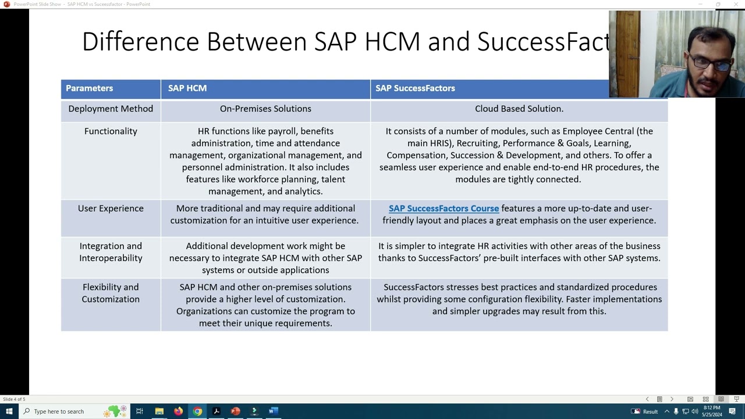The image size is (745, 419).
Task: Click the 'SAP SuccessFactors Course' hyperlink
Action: coord(444,208)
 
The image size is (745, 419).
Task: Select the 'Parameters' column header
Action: coord(89,88)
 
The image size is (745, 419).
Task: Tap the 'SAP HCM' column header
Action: coord(187,88)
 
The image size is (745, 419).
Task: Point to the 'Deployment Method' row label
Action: coord(111,109)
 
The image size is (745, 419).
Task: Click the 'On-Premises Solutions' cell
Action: coord(265,109)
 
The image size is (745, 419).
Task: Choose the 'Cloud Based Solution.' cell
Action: coord(519,109)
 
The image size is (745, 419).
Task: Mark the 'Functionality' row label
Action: coord(111,132)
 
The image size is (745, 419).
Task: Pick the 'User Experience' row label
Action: coord(111,208)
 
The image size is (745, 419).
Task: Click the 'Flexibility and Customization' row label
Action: coord(111,293)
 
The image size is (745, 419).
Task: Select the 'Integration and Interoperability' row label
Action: coord(111,252)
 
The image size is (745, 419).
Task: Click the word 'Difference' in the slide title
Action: coord(141,42)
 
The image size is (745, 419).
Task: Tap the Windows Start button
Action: coord(9,411)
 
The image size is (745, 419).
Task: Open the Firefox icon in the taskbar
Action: coord(178,411)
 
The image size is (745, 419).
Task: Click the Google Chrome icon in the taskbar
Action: coord(197,411)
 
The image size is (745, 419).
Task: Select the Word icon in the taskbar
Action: coord(273,411)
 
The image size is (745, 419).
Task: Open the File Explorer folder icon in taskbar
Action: coord(159,411)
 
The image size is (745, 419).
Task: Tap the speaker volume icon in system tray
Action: coord(694,411)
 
